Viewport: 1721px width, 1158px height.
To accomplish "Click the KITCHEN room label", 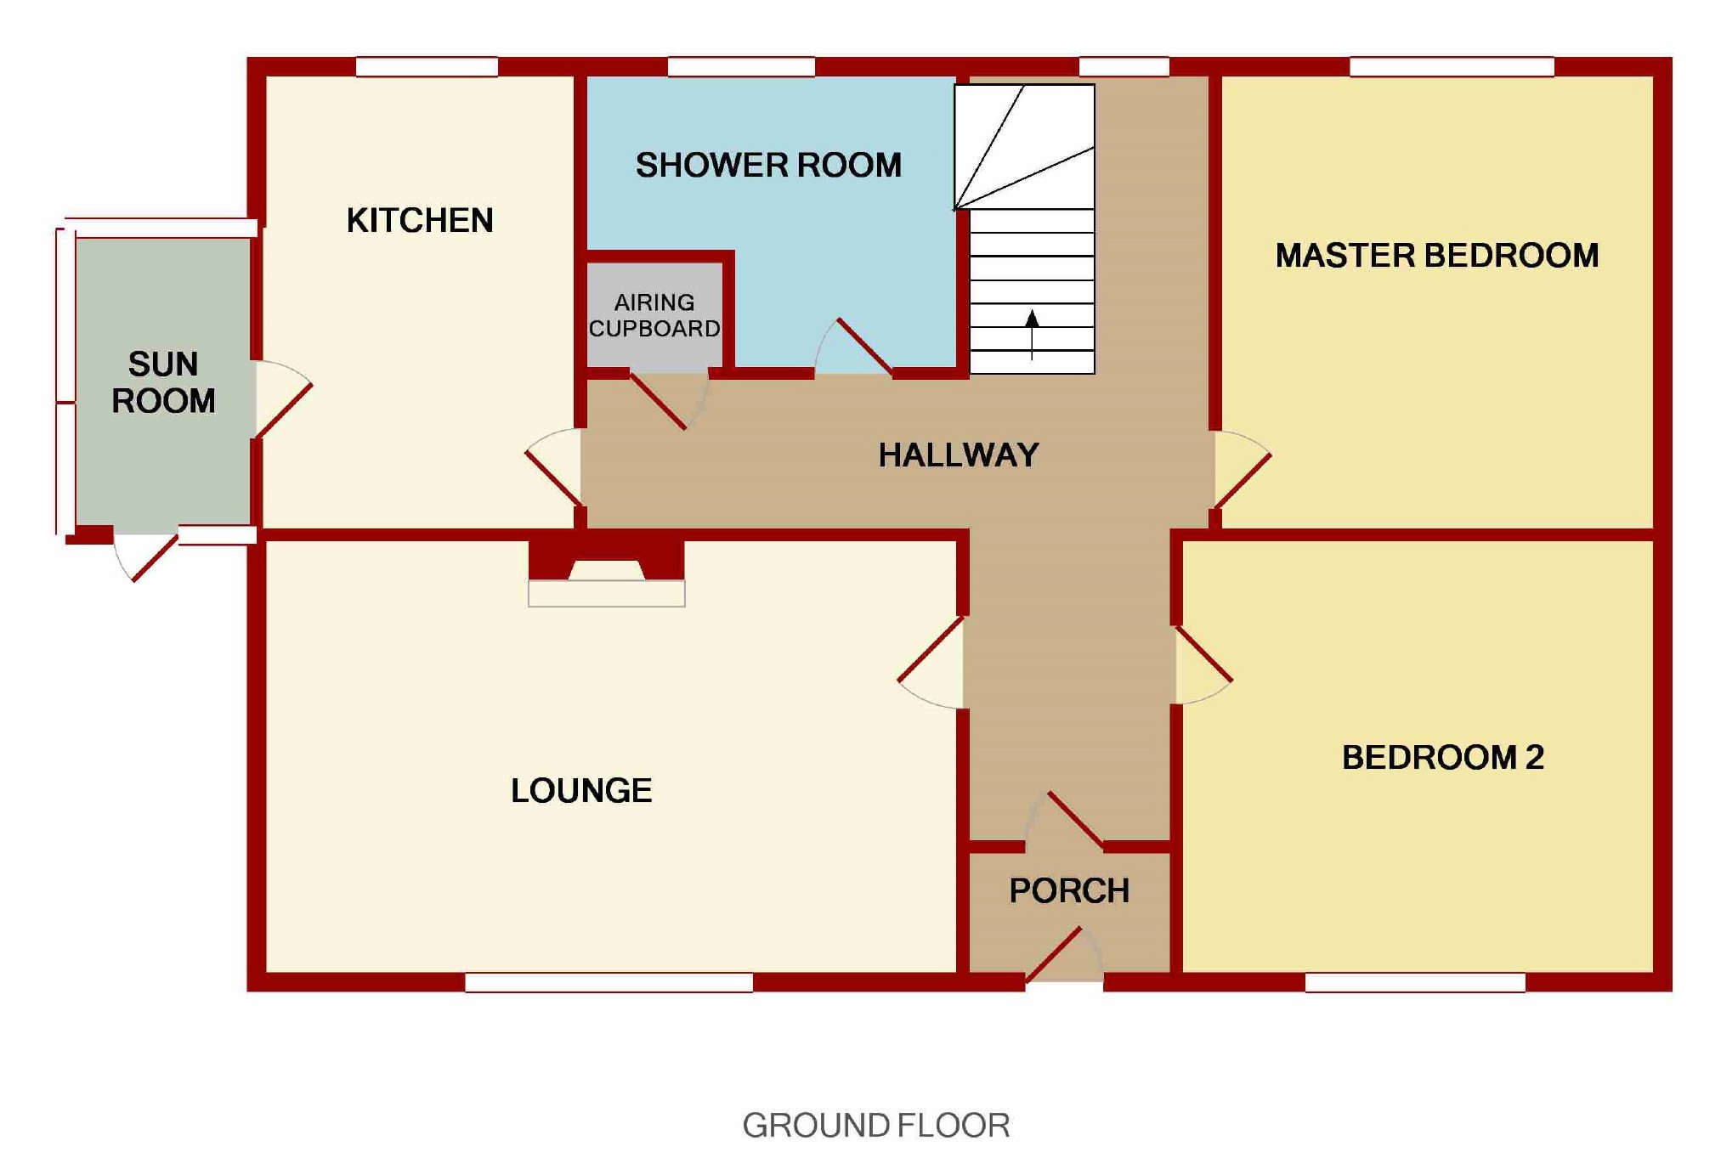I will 419,220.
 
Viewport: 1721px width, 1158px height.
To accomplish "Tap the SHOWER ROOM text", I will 768,165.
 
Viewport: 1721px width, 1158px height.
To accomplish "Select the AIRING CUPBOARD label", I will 654,315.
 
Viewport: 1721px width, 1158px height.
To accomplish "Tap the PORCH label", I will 1069,890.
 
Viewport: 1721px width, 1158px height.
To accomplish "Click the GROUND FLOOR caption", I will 875,1125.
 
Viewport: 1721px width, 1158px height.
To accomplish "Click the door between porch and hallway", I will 1075,820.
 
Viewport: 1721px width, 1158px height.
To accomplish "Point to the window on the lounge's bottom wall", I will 609,982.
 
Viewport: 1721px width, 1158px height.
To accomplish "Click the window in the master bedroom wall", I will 1451,67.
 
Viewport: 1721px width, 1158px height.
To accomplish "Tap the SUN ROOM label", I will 163,382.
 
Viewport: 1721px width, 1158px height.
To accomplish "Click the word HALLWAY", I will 958,455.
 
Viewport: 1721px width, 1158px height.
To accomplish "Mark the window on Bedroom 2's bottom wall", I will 1414,982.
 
